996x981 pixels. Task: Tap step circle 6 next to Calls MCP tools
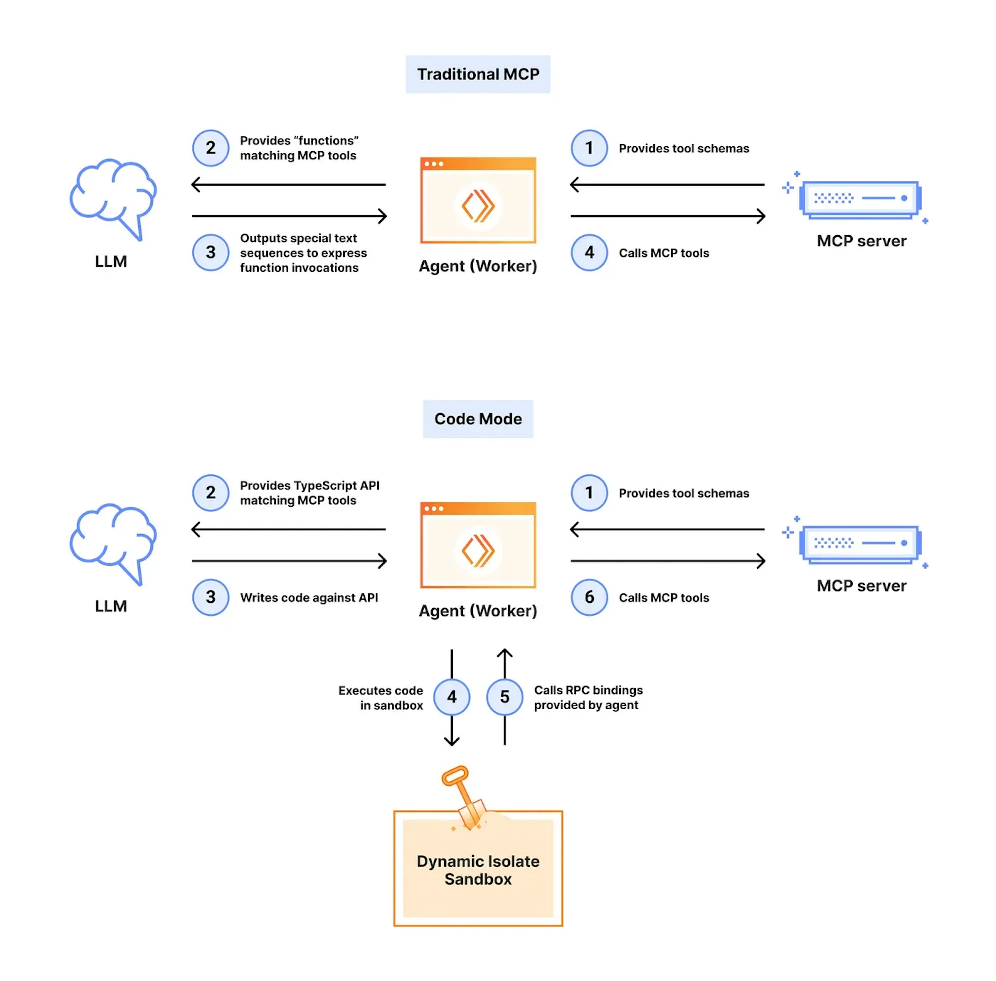(x=589, y=597)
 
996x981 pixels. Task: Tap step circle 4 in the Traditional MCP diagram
(x=589, y=253)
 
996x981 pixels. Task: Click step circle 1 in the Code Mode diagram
(x=589, y=493)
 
